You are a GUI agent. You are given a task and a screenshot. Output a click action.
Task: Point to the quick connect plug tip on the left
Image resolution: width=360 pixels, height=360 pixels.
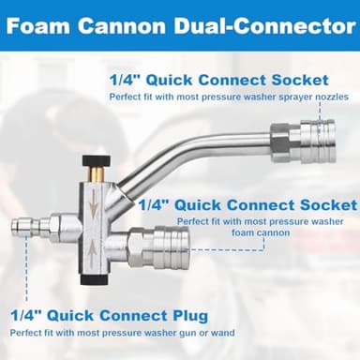(21, 227)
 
